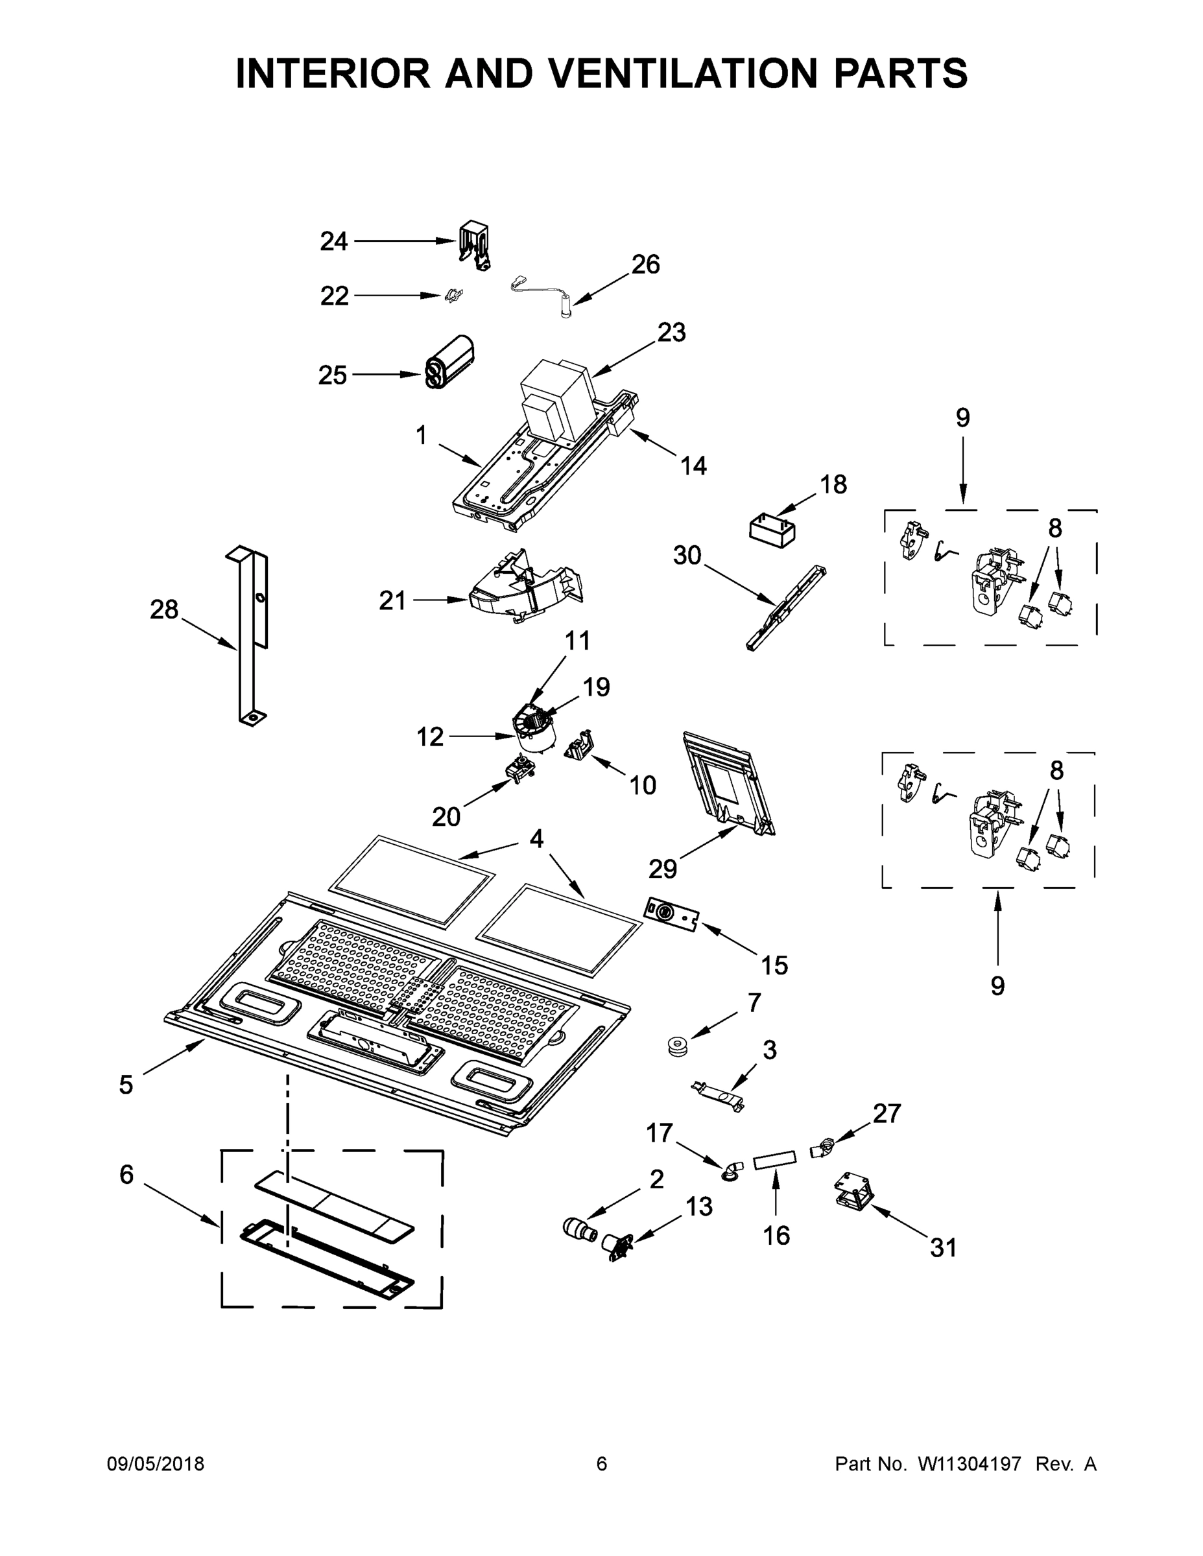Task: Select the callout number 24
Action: [x=333, y=242]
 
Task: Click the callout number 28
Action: [x=164, y=609]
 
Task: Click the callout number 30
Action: [x=687, y=555]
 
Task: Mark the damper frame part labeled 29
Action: [x=727, y=784]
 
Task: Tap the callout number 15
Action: [x=774, y=965]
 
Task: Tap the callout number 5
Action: [x=125, y=1085]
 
